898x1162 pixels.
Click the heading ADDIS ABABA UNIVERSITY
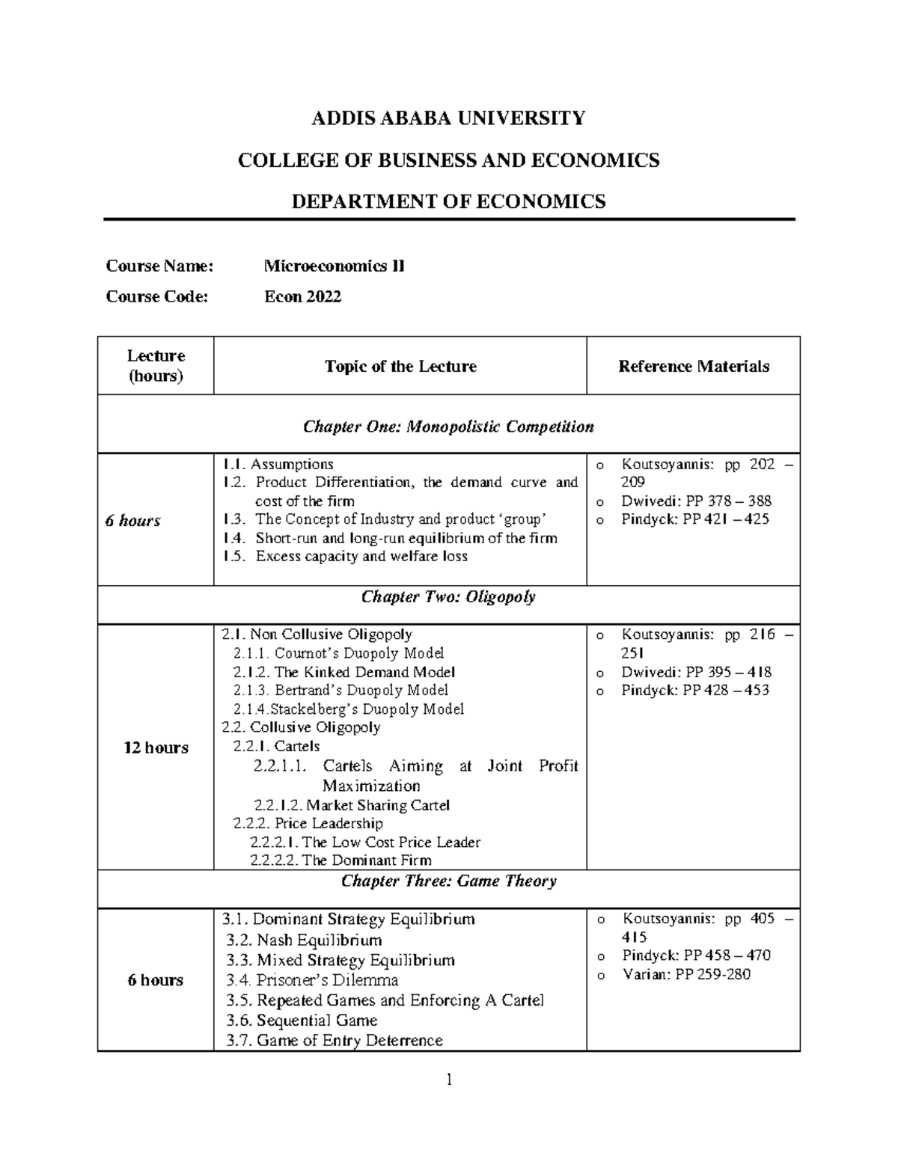[x=448, y=118]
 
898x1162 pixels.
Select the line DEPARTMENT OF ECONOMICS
[x=448, y=201]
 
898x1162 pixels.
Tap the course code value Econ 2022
[x=302, y=296]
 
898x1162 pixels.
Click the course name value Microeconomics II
[x=334, y=266]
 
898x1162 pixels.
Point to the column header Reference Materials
[x=693, y=366]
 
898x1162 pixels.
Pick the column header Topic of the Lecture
[x=400, y=366]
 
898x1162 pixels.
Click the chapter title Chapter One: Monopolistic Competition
[x=448, y=426]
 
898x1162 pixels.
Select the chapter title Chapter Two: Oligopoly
[x=448, y=596]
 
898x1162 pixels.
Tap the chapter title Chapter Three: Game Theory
[x=448, y=881]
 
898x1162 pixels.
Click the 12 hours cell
[x=156, y=747]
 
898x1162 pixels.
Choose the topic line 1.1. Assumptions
[x=278, y=464]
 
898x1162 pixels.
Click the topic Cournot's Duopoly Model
[x=338, y=652]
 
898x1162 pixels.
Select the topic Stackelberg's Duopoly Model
[x=348, y=709]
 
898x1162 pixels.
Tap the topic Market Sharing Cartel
[x=352, y=805]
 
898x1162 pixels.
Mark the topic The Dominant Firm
[x=340, y=860]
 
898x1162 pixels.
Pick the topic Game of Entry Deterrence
[x=335, y=1040]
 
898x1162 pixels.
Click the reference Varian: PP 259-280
[x=685, y=974]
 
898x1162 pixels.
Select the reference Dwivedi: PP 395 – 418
[x=696, y=672]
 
